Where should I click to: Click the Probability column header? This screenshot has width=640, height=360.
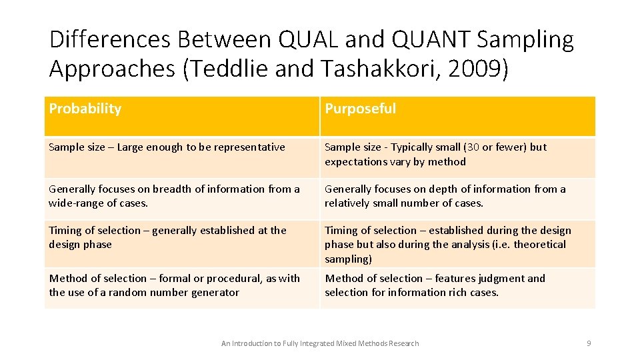coord(85,109)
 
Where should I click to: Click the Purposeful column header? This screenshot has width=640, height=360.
coord(360,109)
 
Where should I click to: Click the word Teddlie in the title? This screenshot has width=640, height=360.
coord(237,69)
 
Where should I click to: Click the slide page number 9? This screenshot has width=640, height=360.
coord(589,343)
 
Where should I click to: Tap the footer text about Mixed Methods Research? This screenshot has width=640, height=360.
coord(320,343)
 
